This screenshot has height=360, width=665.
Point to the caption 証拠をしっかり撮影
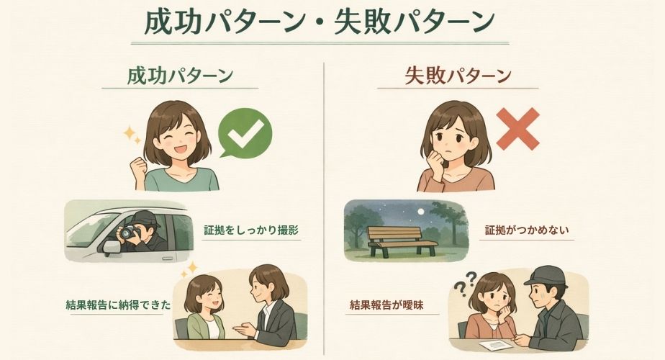[246, 230]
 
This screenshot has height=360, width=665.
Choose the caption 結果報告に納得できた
[117, 305]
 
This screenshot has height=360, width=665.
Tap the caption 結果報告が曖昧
[386, 305]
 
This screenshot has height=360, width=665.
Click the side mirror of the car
[112, 247]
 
